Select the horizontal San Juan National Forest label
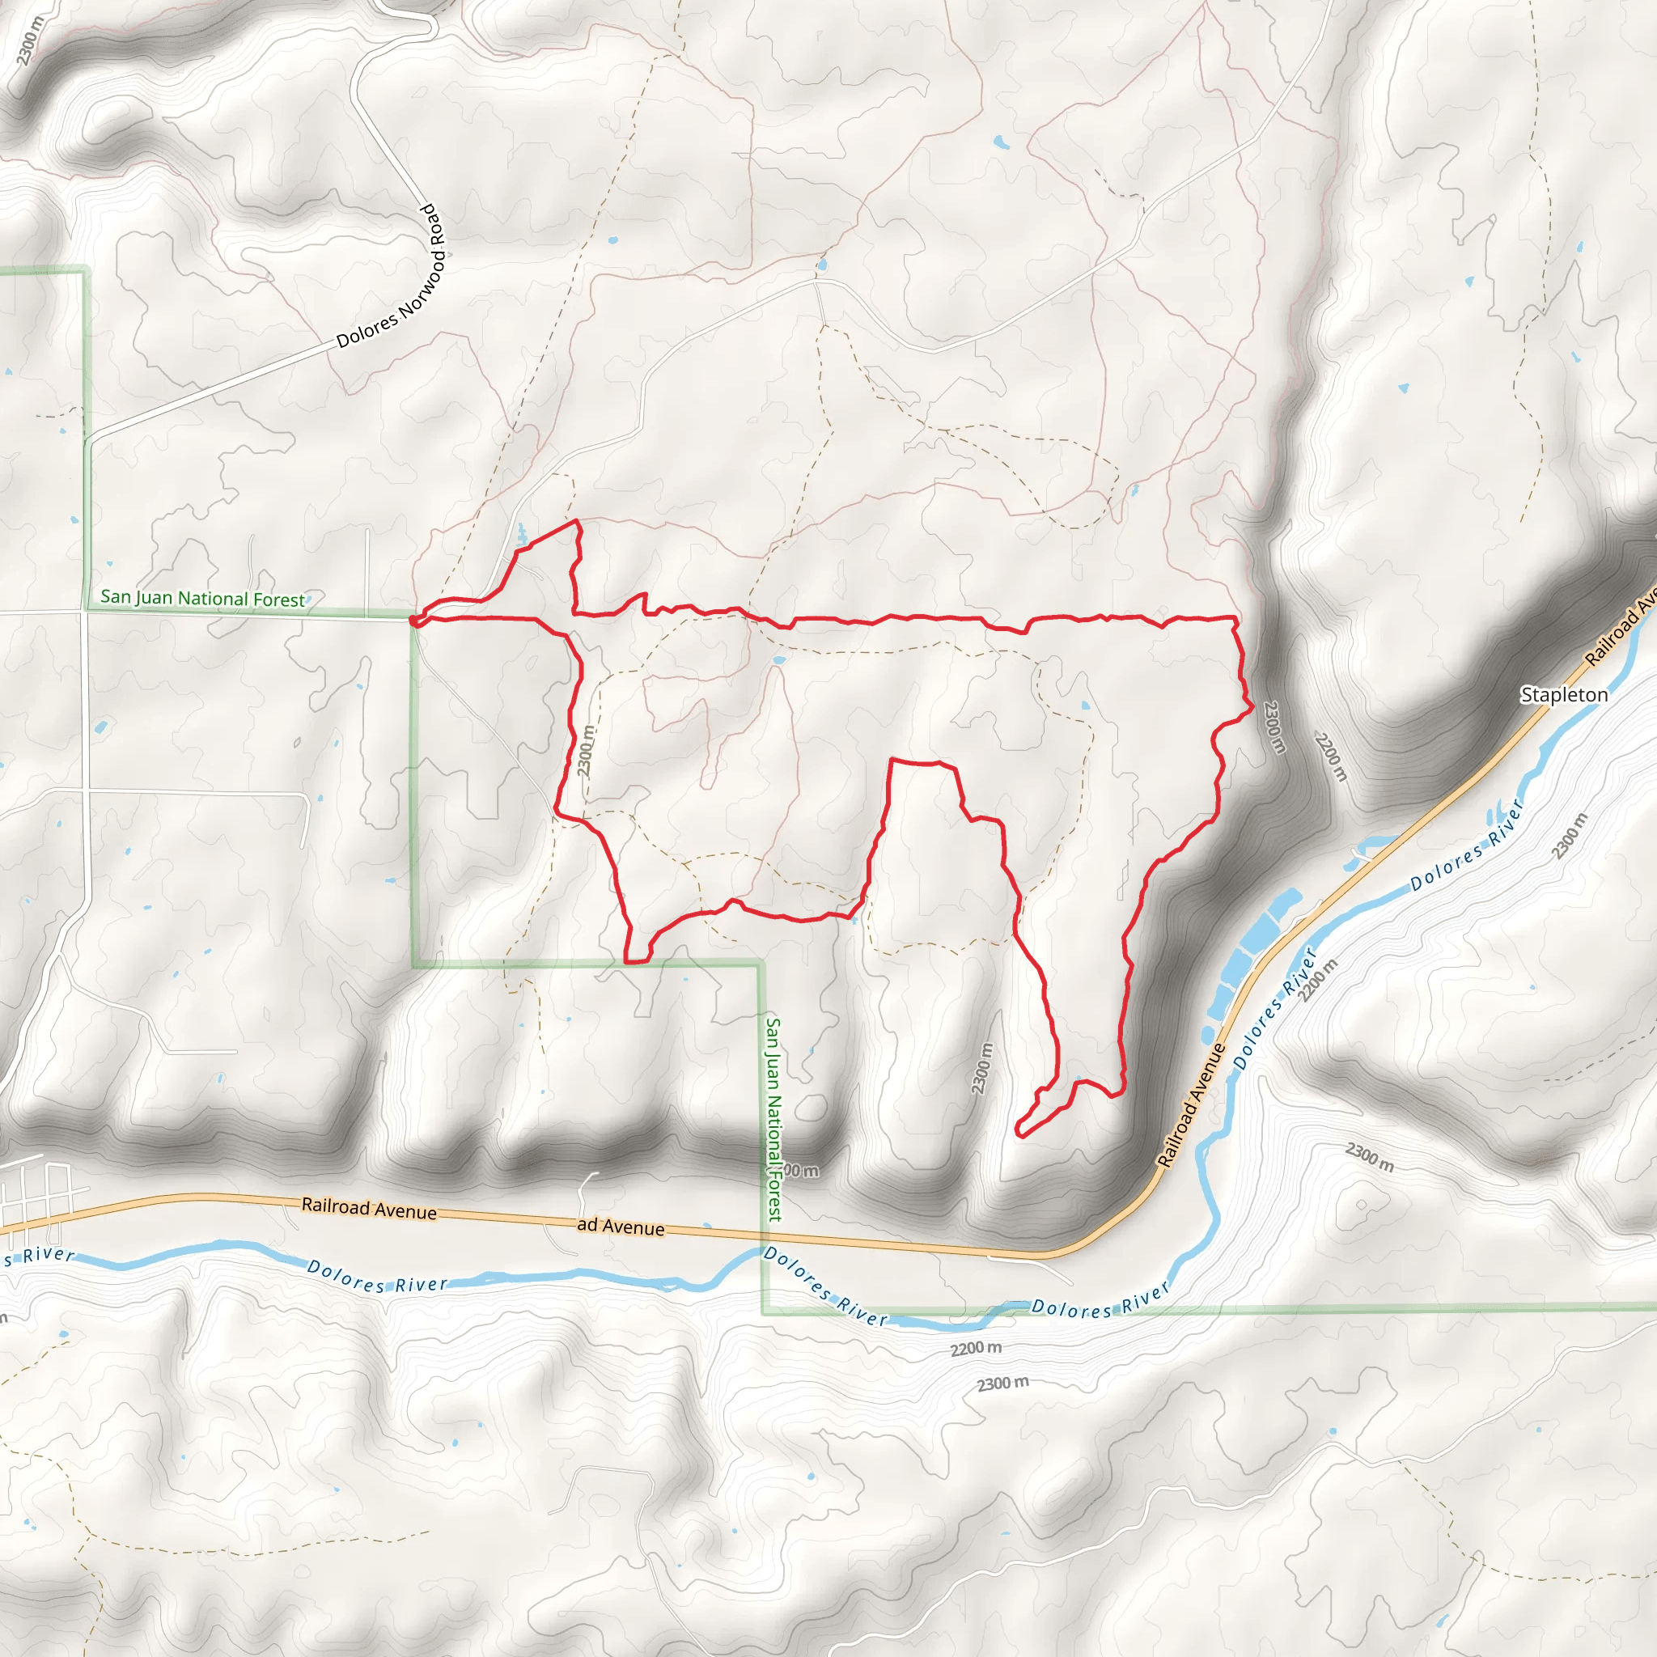pyautogui.click(x=202, y=598)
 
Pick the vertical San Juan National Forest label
pyautogui.click(x=773, y=1118)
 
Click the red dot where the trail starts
pyautogui.click(x=413, y=620)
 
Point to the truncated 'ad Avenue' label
pyautogui.click(x=620, y=1227)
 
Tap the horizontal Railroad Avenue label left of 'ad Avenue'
pyautogui.click(x=369, y=1209)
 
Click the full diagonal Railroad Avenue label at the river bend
pyautogui.click(x=1191, y=1105)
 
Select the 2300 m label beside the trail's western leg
pyautogui.click(x=586, y=752)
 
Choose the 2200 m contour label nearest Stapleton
pyautogui.click(x=1331, y=756)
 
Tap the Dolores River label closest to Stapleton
pyautogui.click(x=1467, y=844)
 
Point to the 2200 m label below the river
pyautogui.click(x=975, y=1349)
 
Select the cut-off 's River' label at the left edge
pyautogui.click(x=38, y=1257)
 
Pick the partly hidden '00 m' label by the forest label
pyautogui.click(x=803, y=1171)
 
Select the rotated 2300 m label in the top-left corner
pyautogui.click(x=28, y=40)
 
